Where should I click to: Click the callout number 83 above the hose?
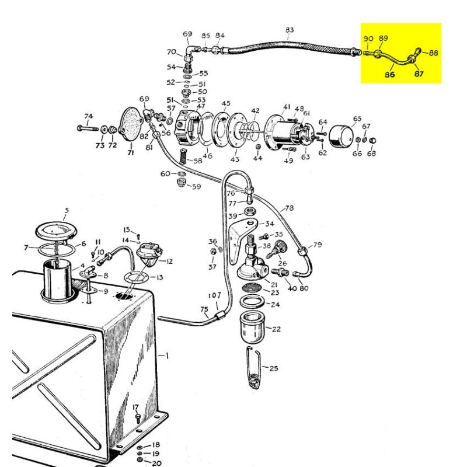[290, 30]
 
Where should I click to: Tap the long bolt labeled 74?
[86, 127]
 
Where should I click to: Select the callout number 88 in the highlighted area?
[433, 53]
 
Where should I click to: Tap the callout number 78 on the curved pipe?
[290, 208]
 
